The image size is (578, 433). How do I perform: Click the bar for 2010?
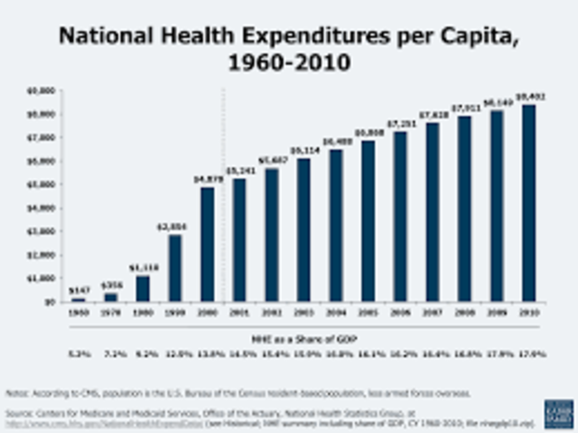coord(528,203)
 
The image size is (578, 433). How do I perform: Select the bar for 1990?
coord(174,268)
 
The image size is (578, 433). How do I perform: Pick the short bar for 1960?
coord(79,299)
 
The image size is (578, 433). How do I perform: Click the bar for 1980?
coord(143,288)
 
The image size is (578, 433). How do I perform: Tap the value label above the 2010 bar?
coord(528,97)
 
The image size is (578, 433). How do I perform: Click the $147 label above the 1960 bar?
coord(79,290)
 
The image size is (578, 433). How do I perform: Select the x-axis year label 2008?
coord(464,312)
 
